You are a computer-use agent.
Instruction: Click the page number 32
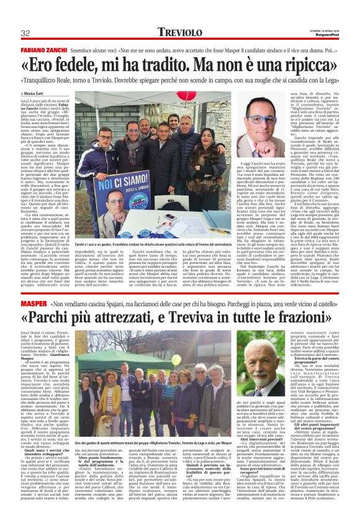pos(25,33)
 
